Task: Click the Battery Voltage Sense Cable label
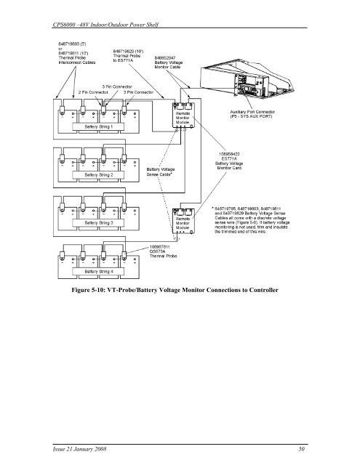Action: coord(167,172)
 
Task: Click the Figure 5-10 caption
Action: coord(180,290)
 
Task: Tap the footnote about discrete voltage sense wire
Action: coord(256,210)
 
